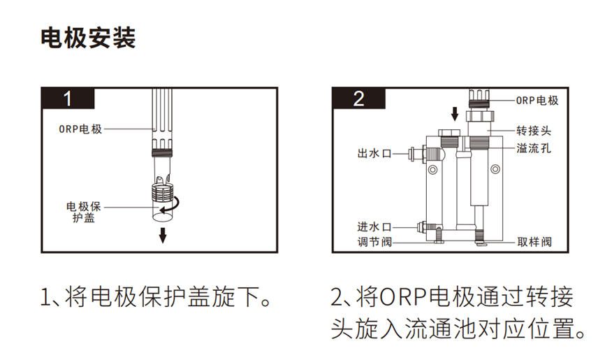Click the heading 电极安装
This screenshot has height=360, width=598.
click(88, 38)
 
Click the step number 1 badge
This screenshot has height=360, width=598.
click(68, 99)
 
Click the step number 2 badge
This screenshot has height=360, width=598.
click(358, 99)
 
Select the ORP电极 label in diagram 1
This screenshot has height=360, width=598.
click(80, 129)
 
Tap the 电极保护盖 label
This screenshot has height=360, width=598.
click(84, 213)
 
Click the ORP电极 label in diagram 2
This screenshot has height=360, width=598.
click(537, 100)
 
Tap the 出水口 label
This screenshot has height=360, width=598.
click(374, 153)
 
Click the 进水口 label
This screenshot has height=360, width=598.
click(374, 227)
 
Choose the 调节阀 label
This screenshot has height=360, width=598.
click(374, 242)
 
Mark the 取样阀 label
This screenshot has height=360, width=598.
click(534, 242)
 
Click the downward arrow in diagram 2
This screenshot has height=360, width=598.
click(455, 113)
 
